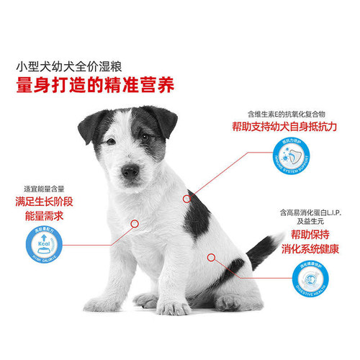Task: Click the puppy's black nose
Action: coord(130,171)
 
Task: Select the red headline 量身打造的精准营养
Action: coord(95,85)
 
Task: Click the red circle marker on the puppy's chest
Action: coord(134,223)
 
